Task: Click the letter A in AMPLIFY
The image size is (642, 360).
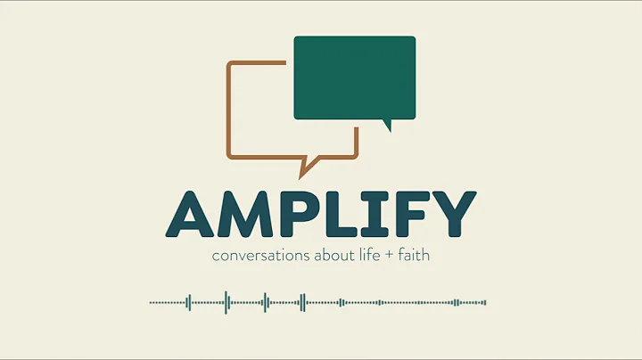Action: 190,213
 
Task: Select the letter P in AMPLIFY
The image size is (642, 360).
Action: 300,213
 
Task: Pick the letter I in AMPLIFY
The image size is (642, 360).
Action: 375,213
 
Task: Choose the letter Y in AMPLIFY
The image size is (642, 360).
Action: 449,213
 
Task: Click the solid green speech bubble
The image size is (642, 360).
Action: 355,78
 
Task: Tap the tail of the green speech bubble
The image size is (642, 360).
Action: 387,125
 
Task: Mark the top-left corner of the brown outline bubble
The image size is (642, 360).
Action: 230,64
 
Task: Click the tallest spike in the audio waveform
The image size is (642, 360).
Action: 226,302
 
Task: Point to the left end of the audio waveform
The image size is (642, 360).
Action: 152,302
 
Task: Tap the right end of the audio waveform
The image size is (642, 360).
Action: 485,302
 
